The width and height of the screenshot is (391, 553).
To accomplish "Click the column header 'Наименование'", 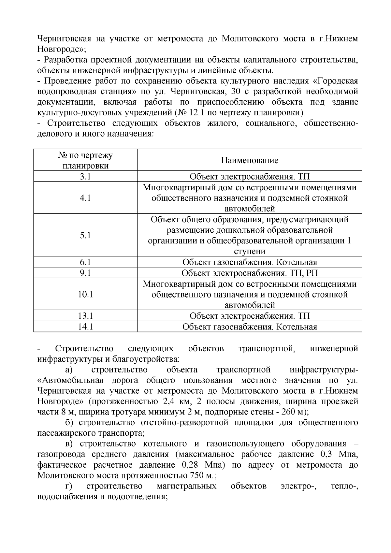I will tap(250, 160).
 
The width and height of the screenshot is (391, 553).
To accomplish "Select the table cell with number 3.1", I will tap(85, 177).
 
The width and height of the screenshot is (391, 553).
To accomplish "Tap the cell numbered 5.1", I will tap(85, 235).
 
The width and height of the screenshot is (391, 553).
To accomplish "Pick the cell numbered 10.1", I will tap(85, 294).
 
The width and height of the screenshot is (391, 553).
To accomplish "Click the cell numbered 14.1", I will tap(85, 327).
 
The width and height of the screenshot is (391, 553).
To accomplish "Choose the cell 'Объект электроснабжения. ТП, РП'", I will tap(250, 273).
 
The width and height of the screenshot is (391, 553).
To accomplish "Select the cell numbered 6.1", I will tap(85, 262).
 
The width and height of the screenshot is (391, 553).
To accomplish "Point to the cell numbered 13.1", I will tap(85, 316).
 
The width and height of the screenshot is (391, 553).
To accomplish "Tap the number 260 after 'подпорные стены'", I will tap(286, 412).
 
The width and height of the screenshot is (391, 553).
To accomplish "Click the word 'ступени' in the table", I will tap(250, 252).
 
